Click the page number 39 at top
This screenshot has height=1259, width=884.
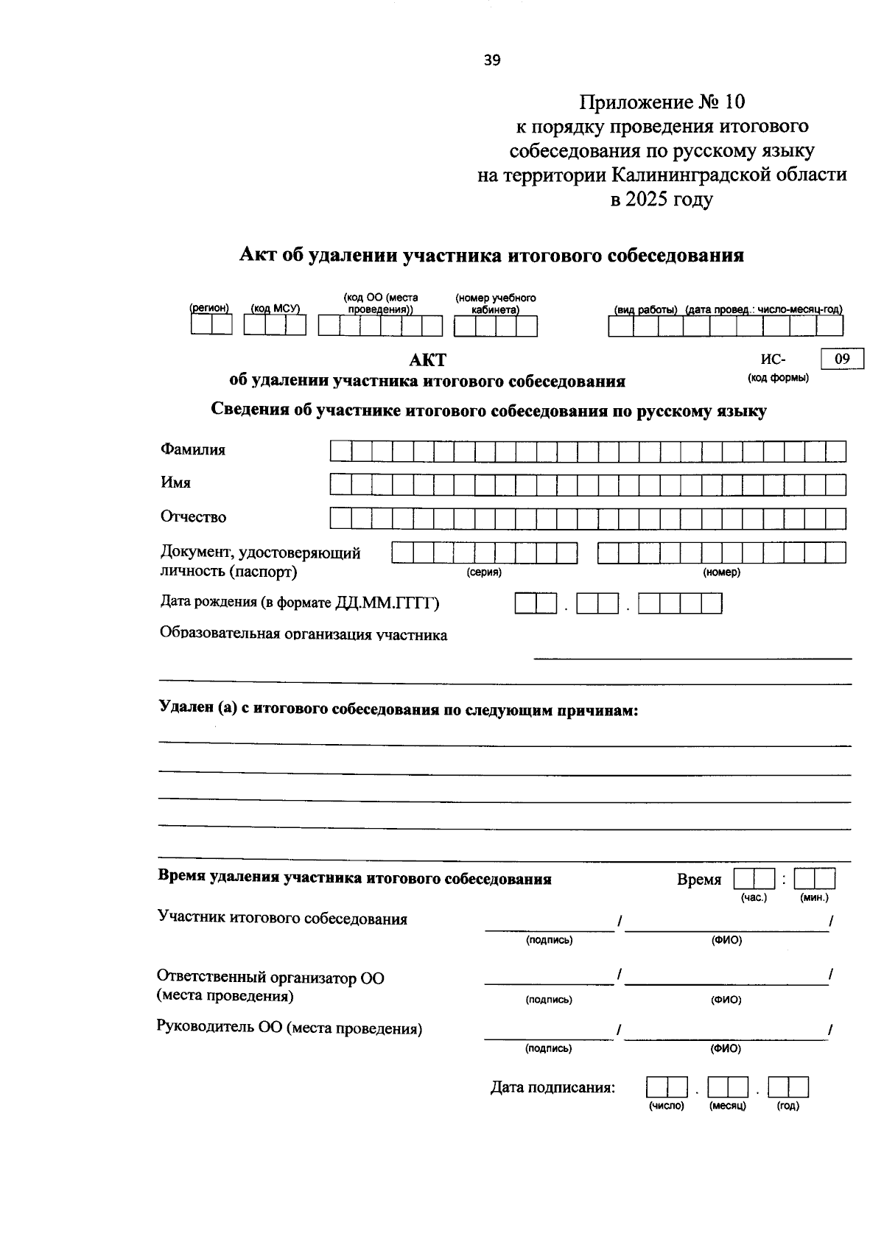coord(492,60)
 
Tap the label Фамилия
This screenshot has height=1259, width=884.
coord(193,449)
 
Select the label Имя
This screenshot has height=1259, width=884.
coord(175,483)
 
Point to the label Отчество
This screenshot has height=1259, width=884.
coord(193,516)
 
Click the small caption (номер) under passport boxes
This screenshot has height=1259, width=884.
coord(721,572)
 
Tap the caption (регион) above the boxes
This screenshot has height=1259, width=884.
coord(210,309)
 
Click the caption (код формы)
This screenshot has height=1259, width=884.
coord(778,378)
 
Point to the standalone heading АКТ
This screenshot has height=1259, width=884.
coord(427,360)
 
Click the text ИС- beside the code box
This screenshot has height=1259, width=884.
coord(773,360)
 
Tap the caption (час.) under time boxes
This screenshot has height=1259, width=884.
coord(754,897)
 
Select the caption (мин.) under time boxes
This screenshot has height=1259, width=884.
coord(814,897)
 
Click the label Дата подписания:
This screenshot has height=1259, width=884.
coord(552,1087)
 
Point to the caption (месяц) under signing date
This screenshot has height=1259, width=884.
coord(727,1106)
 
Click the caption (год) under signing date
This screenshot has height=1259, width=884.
coord(787,1106)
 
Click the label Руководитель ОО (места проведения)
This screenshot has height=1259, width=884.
coord(290,1028)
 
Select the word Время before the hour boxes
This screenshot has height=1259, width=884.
coord(698,880)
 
